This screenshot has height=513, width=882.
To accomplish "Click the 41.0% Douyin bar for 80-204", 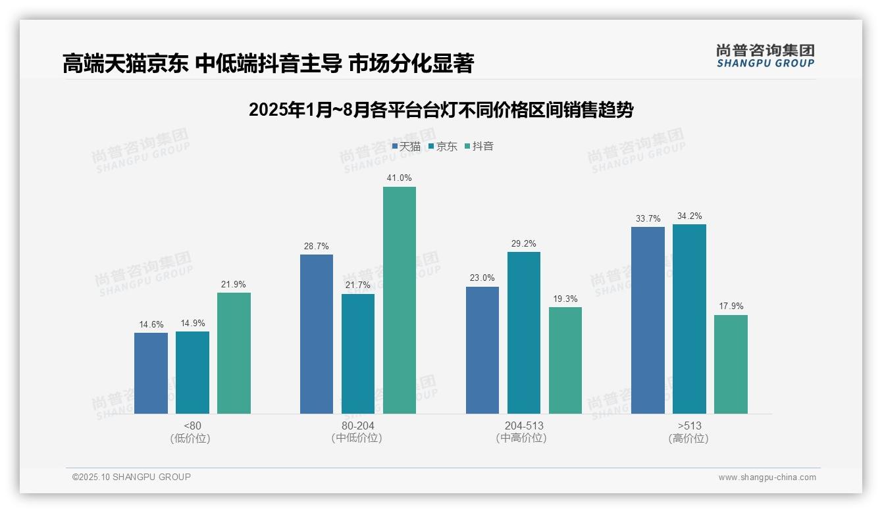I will [x=400, y=300].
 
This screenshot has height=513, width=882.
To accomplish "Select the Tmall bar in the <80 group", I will [x=151, y=373].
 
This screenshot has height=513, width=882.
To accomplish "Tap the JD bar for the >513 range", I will [x=689, y=319].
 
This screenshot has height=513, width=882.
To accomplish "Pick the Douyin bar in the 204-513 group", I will [x=565, y=360].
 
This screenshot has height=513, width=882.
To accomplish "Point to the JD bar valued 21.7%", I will [x=358, y=354].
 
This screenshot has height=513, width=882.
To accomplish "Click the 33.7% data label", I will [x=648, y=219].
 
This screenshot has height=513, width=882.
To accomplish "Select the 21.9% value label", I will [x=234, y=285].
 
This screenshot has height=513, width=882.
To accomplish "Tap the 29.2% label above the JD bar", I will [x=524, y=244].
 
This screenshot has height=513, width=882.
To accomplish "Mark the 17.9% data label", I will [x=731, y=306].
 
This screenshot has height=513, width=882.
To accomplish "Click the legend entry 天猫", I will [x=406, y=147].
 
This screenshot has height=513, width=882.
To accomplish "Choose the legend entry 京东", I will [x=443, y=147].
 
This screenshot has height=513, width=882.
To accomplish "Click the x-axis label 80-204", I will [x=357, y=426].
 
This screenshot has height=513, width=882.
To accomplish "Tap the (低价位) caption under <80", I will [x=192, y=439].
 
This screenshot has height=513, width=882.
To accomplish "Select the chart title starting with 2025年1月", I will [x=440, y=110].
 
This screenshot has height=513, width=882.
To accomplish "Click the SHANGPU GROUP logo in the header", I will [x=765, y=56].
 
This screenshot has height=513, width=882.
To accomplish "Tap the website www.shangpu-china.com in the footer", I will [x=767, y=477].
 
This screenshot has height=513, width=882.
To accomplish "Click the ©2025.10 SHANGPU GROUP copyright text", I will [x=132, y=477].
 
